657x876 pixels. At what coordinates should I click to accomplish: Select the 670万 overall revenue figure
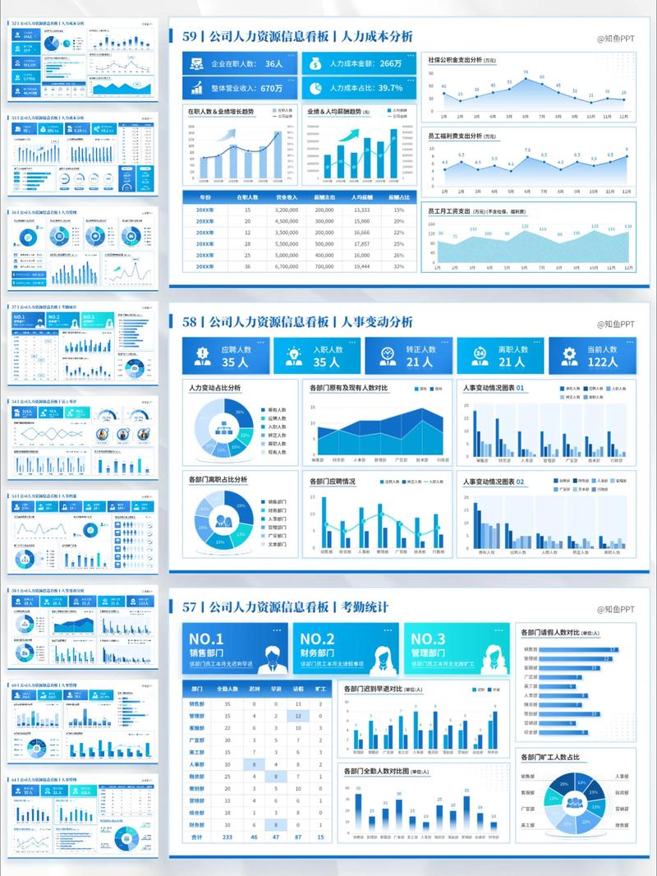(266, 88)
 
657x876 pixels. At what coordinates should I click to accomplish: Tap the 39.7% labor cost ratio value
(390, 88)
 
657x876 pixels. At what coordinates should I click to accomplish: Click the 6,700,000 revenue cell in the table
(287, 266)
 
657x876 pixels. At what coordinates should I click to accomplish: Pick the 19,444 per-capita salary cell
(361, 266)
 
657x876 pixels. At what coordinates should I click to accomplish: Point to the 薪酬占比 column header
(398, 197)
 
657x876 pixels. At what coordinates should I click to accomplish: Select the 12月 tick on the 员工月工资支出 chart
(625, 268)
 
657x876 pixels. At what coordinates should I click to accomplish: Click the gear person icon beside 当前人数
(568, 355)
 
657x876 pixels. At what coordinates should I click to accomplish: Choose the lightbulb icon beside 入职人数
(293, 355)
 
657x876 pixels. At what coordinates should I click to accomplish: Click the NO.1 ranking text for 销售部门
(206, 639)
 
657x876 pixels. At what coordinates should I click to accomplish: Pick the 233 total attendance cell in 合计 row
(227, 837)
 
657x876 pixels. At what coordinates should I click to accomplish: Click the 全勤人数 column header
(227, 689)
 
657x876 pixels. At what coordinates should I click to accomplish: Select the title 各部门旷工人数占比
(550, 757)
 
